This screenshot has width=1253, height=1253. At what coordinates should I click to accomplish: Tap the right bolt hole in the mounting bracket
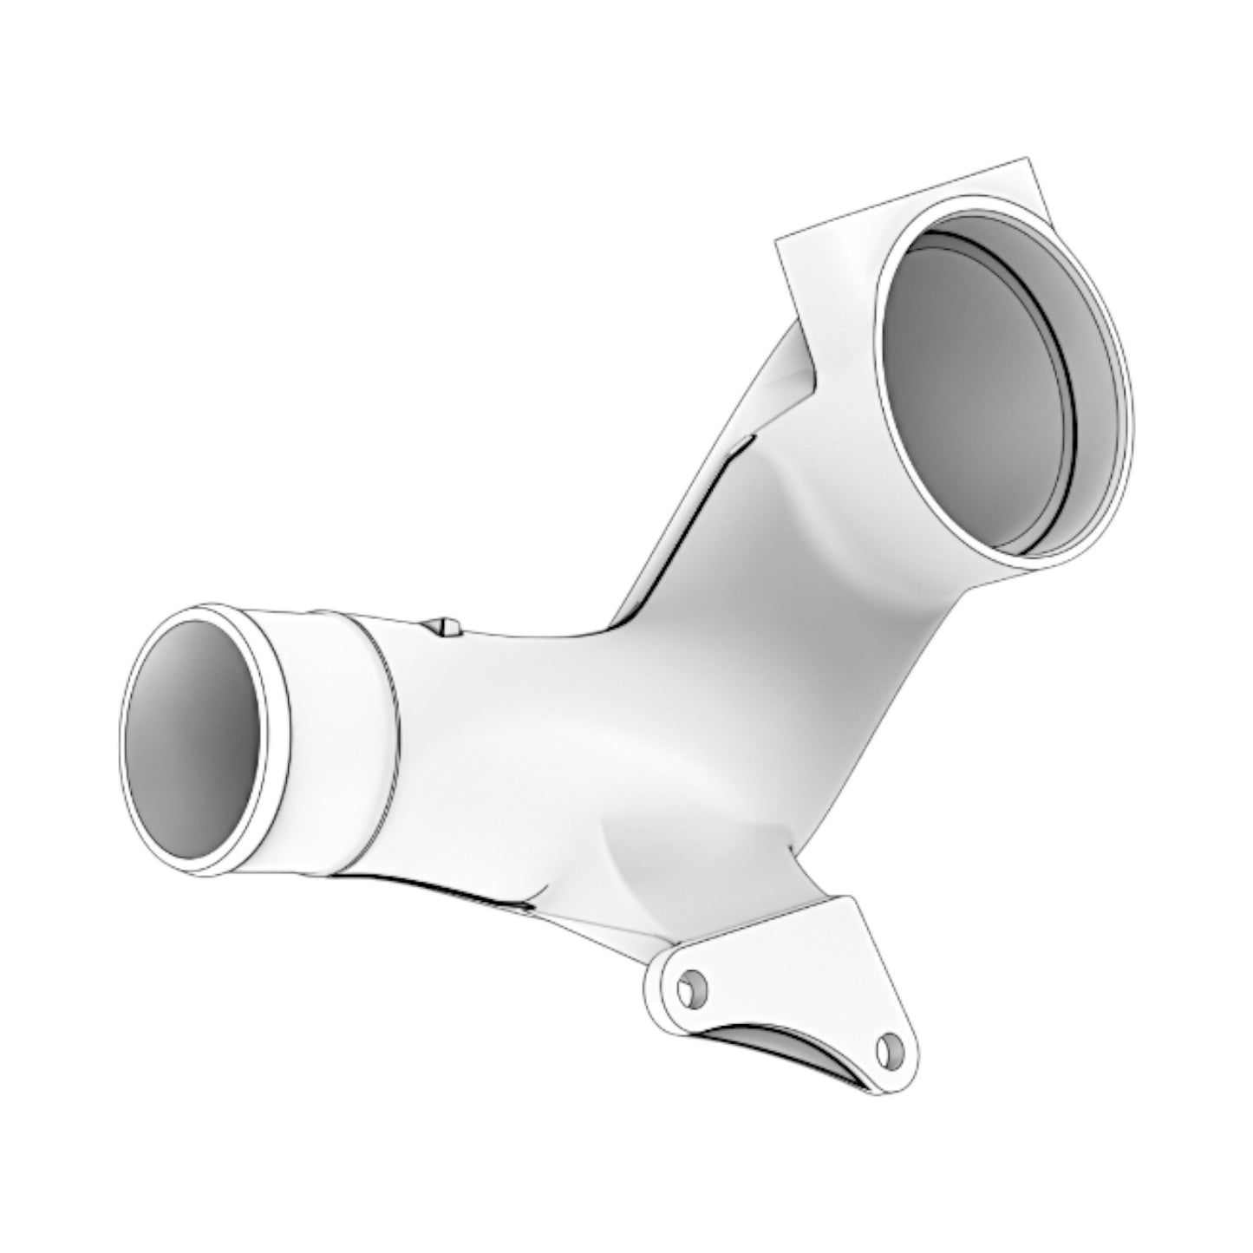[x=885, y=1050]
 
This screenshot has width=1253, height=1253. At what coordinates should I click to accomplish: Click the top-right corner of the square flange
[x=1027, y=160]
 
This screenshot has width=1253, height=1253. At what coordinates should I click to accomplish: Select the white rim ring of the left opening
[x=276, y=746]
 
